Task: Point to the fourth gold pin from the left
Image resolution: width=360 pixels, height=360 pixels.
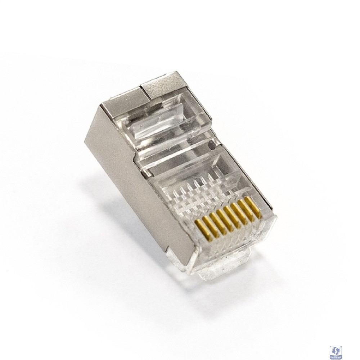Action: pos(221,217)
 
